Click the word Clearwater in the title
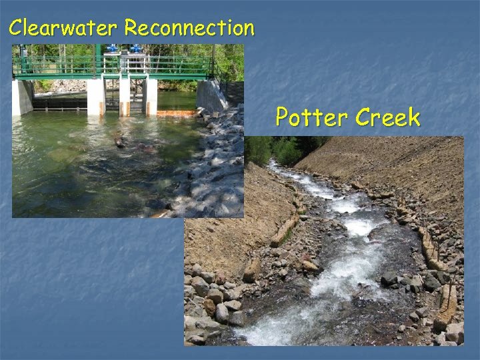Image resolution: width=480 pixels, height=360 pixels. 63,28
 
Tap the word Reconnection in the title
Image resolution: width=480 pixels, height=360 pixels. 189,28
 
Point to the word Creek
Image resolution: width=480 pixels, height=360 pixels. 387,118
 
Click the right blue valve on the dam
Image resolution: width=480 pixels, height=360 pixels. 136,49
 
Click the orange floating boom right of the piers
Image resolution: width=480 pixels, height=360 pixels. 177,113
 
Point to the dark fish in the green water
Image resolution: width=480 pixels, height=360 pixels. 120,142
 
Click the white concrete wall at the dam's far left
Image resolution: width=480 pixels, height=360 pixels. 21,97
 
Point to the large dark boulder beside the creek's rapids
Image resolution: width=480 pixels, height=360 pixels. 387,277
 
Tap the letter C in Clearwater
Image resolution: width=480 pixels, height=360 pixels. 16,28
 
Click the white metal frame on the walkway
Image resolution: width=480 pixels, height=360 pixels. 133,63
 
